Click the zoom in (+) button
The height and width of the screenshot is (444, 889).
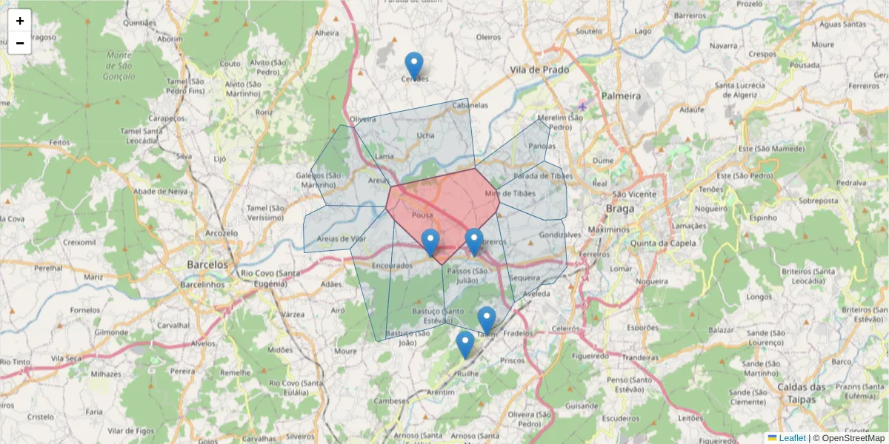(20, 21)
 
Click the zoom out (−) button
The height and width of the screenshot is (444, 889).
(20, 43)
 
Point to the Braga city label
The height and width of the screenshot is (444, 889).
(619, 209)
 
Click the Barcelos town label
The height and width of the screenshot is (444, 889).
(207, 264)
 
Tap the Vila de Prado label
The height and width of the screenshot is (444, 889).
(539, 70)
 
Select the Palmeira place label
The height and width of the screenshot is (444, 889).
(621, 96)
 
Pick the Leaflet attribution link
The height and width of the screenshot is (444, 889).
(792, 438)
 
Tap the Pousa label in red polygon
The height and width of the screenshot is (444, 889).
(422, 215)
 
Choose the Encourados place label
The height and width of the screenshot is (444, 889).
(392, 265)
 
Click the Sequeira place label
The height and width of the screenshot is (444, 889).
(525, 277)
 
